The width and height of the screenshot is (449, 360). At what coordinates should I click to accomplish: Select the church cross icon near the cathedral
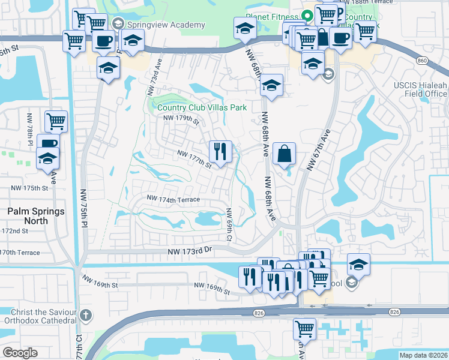coord(86,315)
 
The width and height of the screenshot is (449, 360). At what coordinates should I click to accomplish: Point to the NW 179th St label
coord(181,118)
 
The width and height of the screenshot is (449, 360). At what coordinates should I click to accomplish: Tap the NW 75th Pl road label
coord(84,209)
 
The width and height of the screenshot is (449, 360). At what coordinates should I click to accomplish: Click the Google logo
coord(20,353)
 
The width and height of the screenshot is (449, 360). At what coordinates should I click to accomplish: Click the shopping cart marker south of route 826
coord(304,329)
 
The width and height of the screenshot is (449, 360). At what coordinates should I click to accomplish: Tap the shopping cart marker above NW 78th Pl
coord(56,122)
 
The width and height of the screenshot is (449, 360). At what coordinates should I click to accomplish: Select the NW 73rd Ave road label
coord(154,77)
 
